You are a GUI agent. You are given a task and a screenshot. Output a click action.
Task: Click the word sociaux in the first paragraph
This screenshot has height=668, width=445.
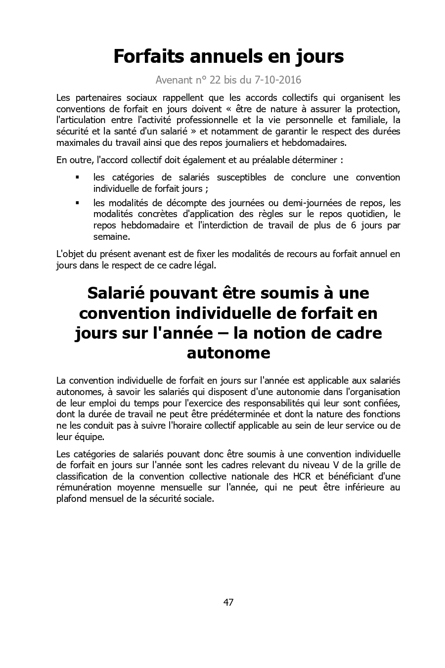click(x=146, y=97)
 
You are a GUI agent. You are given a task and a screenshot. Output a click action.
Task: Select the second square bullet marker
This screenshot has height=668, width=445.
click(x=77, y=203)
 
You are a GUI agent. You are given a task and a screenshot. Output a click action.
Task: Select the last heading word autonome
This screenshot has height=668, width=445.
click(x=228, y=353)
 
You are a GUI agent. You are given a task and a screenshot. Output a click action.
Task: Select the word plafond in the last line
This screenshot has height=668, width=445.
click(x=71, y=499)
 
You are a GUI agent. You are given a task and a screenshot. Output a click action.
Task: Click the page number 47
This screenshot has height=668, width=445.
click(x=228, y=602)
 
